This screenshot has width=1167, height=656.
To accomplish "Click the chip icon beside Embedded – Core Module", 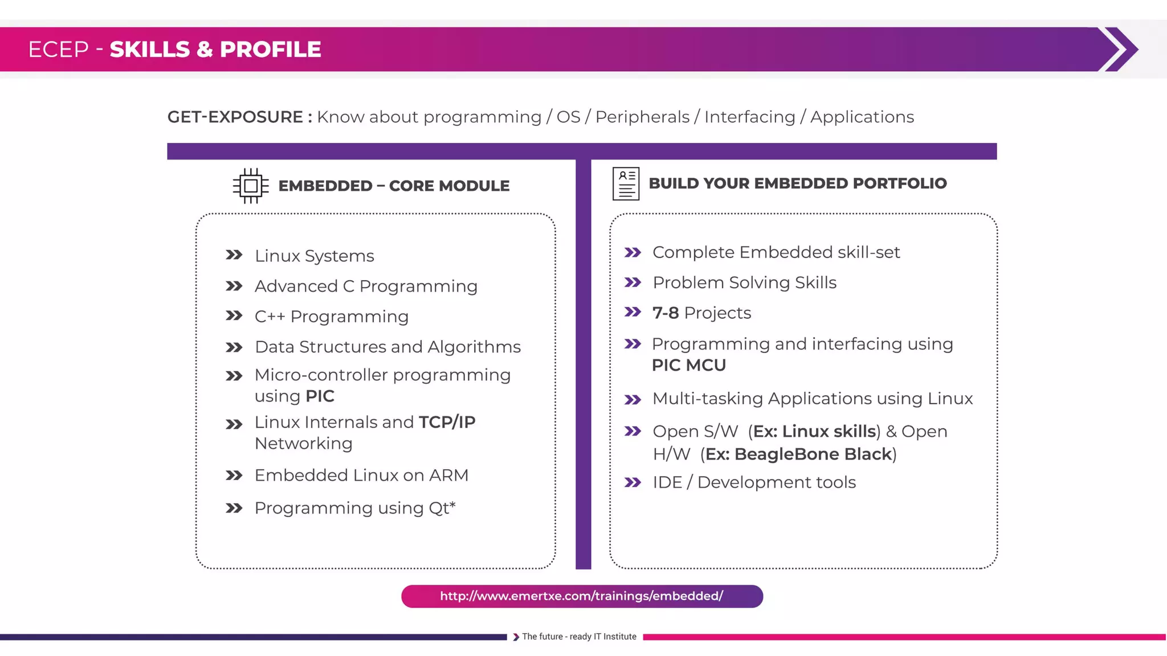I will point(250,186).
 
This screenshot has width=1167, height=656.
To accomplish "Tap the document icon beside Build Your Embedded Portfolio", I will point(626,183).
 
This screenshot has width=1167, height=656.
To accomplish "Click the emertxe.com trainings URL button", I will point(582,596).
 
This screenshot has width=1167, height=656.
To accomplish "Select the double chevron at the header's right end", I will point(1119,49).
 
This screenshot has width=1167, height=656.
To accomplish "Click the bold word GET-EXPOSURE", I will point(235,117).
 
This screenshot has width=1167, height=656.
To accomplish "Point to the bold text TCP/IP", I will point(447,422).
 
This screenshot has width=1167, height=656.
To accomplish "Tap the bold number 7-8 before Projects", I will point(665,313).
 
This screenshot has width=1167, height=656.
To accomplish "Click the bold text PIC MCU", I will point(688,365).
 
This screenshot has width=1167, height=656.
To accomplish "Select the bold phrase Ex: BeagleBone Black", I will point(798,454).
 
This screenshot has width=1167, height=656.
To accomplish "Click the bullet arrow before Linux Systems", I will point(234,255).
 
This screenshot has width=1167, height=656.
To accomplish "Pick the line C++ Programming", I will point(331,316).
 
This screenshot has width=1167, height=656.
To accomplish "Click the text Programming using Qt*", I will point(354,507).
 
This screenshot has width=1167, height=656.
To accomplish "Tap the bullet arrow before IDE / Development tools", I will point(633,482).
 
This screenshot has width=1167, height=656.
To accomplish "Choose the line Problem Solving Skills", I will point(744,282).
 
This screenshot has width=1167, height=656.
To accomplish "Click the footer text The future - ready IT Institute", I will point(579,637).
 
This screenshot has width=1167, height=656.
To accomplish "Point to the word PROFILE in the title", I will point(270,50).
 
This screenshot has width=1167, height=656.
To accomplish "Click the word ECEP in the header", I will point(58,50).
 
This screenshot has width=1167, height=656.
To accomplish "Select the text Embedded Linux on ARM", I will point(361,475).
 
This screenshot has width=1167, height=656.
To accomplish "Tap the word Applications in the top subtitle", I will point(862,117).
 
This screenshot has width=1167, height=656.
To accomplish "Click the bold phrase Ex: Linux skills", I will point(814,431).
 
